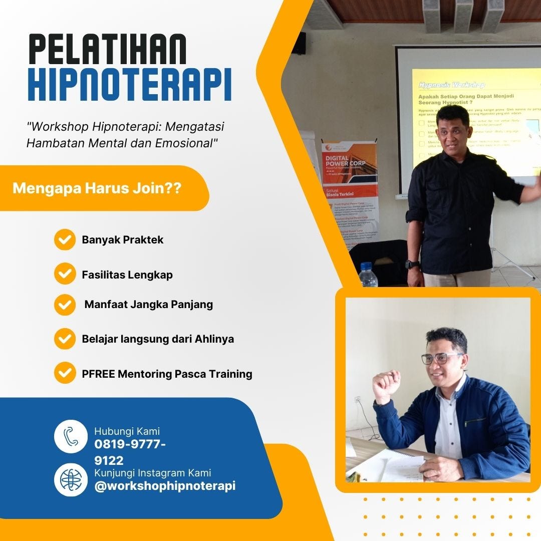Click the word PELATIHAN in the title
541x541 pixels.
(x=108, y=50)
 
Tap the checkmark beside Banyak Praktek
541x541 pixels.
(x=65, y=239)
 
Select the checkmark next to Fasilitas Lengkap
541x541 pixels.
(x=65, y=274)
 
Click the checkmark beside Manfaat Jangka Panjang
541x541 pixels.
(x=65, y=305)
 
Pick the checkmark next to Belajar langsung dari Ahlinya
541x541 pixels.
(x=65, y=339)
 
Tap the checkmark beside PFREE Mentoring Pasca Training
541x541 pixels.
(x=65, y=373)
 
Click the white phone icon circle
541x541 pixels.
(x=71, y=436)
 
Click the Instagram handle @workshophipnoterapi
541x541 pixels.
(x=165, y=486)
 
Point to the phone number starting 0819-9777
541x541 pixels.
(x=130, y=444)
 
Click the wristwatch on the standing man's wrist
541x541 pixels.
(x=412, y=264)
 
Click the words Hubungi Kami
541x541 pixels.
(x=127, y=431)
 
